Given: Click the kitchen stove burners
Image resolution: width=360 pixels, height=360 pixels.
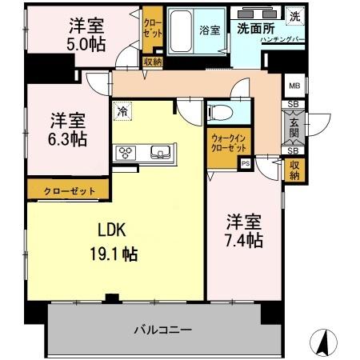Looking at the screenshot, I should [x=127, y=151].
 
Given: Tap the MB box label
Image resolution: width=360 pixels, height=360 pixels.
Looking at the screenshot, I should [x=294, y=86].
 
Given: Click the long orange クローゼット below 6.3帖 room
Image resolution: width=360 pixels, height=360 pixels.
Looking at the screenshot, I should [x=66, y=190].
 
